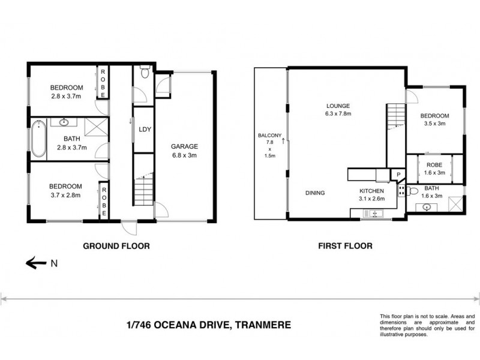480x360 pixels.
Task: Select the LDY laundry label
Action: pyautogui.click(x=144, y=129)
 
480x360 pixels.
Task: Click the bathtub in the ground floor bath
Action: pyautogui.click(x=38, y=139)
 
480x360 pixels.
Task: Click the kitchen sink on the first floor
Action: pyautogui.click(x=375, y=212)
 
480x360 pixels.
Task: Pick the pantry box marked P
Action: pyautogui.click(x=398, y=175)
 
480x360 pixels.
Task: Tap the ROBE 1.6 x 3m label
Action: pyautogui.click(x=434, y=168)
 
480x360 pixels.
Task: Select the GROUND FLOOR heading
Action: pyautogui.click(x=116, y=245)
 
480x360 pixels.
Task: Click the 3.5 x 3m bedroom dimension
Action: pyautogui.click(x=434, y=124)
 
